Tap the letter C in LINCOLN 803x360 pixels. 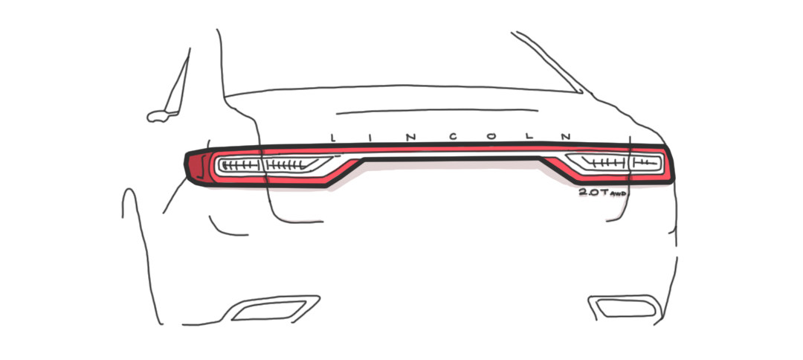pyautogui.click(x=453, y=138)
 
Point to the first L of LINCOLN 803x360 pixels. pyautogui.click(x=333, y=138)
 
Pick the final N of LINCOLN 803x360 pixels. pyautogui.click(x=566, y=137)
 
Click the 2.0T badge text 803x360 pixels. pyautogui.click(x=593, y=192)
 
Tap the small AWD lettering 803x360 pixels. pyautogui.click(x=618, y=193)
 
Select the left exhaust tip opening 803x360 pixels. pyautogui.click(x=269, y=311)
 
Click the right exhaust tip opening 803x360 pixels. pyautogui.click(x=626, y=308)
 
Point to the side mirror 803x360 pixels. pyautogui.click(x=163, y=116)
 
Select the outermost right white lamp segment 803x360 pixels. pyautogui.click(x=645, y=162)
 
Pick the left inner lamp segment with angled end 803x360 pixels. pyautogui.click(x=295, y=164)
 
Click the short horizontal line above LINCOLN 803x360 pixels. pyautogui.click(x=437, y=111)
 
